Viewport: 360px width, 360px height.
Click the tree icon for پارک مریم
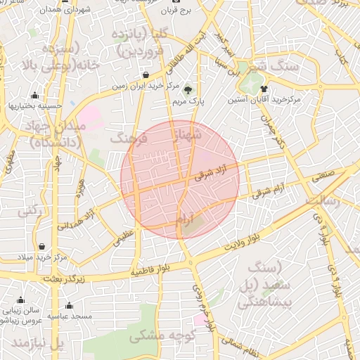click(x=188, y=89)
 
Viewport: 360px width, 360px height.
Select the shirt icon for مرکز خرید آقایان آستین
click(x=264, y=89)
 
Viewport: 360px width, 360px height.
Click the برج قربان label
click(x=176, y=12)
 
